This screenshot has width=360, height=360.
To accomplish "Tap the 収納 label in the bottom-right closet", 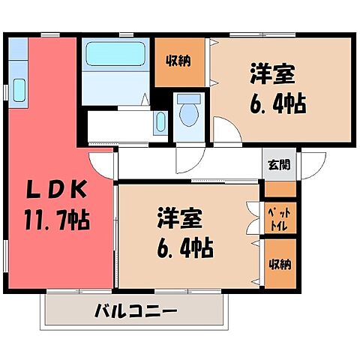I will click(x=280, y=265).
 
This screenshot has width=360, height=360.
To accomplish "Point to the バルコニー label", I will click(x=136, y=310).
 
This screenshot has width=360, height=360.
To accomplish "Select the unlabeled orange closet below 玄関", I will click(x=280, y=189).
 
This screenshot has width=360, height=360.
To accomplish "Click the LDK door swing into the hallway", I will click(x=101, y=160).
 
